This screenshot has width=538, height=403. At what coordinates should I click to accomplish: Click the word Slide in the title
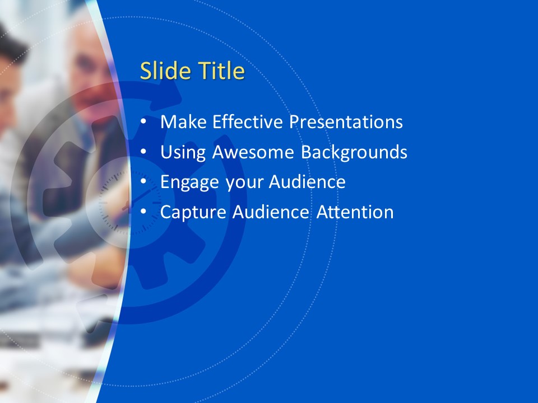(x=165, y=71)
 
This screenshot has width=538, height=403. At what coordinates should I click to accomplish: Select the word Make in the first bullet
(x=183, y=121)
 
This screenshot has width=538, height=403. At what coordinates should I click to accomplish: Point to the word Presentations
(x=346, y=121)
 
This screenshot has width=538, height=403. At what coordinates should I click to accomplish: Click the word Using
(x=183, y=152)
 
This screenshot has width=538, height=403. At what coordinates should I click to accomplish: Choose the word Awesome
(x=253, y=152)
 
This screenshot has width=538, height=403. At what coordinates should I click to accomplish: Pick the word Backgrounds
(x=354, y=152)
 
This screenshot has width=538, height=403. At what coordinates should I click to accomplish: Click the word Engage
(x=189, y=182)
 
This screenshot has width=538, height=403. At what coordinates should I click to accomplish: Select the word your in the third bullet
(x=244, y=184)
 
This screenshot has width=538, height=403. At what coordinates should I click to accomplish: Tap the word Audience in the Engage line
(x=307, y=181)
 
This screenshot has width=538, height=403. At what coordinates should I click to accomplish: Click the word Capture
(x=193, y=212)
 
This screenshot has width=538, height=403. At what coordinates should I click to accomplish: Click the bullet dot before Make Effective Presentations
(x=143, y=121)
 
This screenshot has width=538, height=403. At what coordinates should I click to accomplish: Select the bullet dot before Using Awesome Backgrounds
(x=143, y=151)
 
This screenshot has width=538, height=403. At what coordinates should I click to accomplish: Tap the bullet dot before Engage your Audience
(x=143, y=181)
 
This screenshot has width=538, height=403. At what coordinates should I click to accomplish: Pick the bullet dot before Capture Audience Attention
(x=143, y=211)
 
